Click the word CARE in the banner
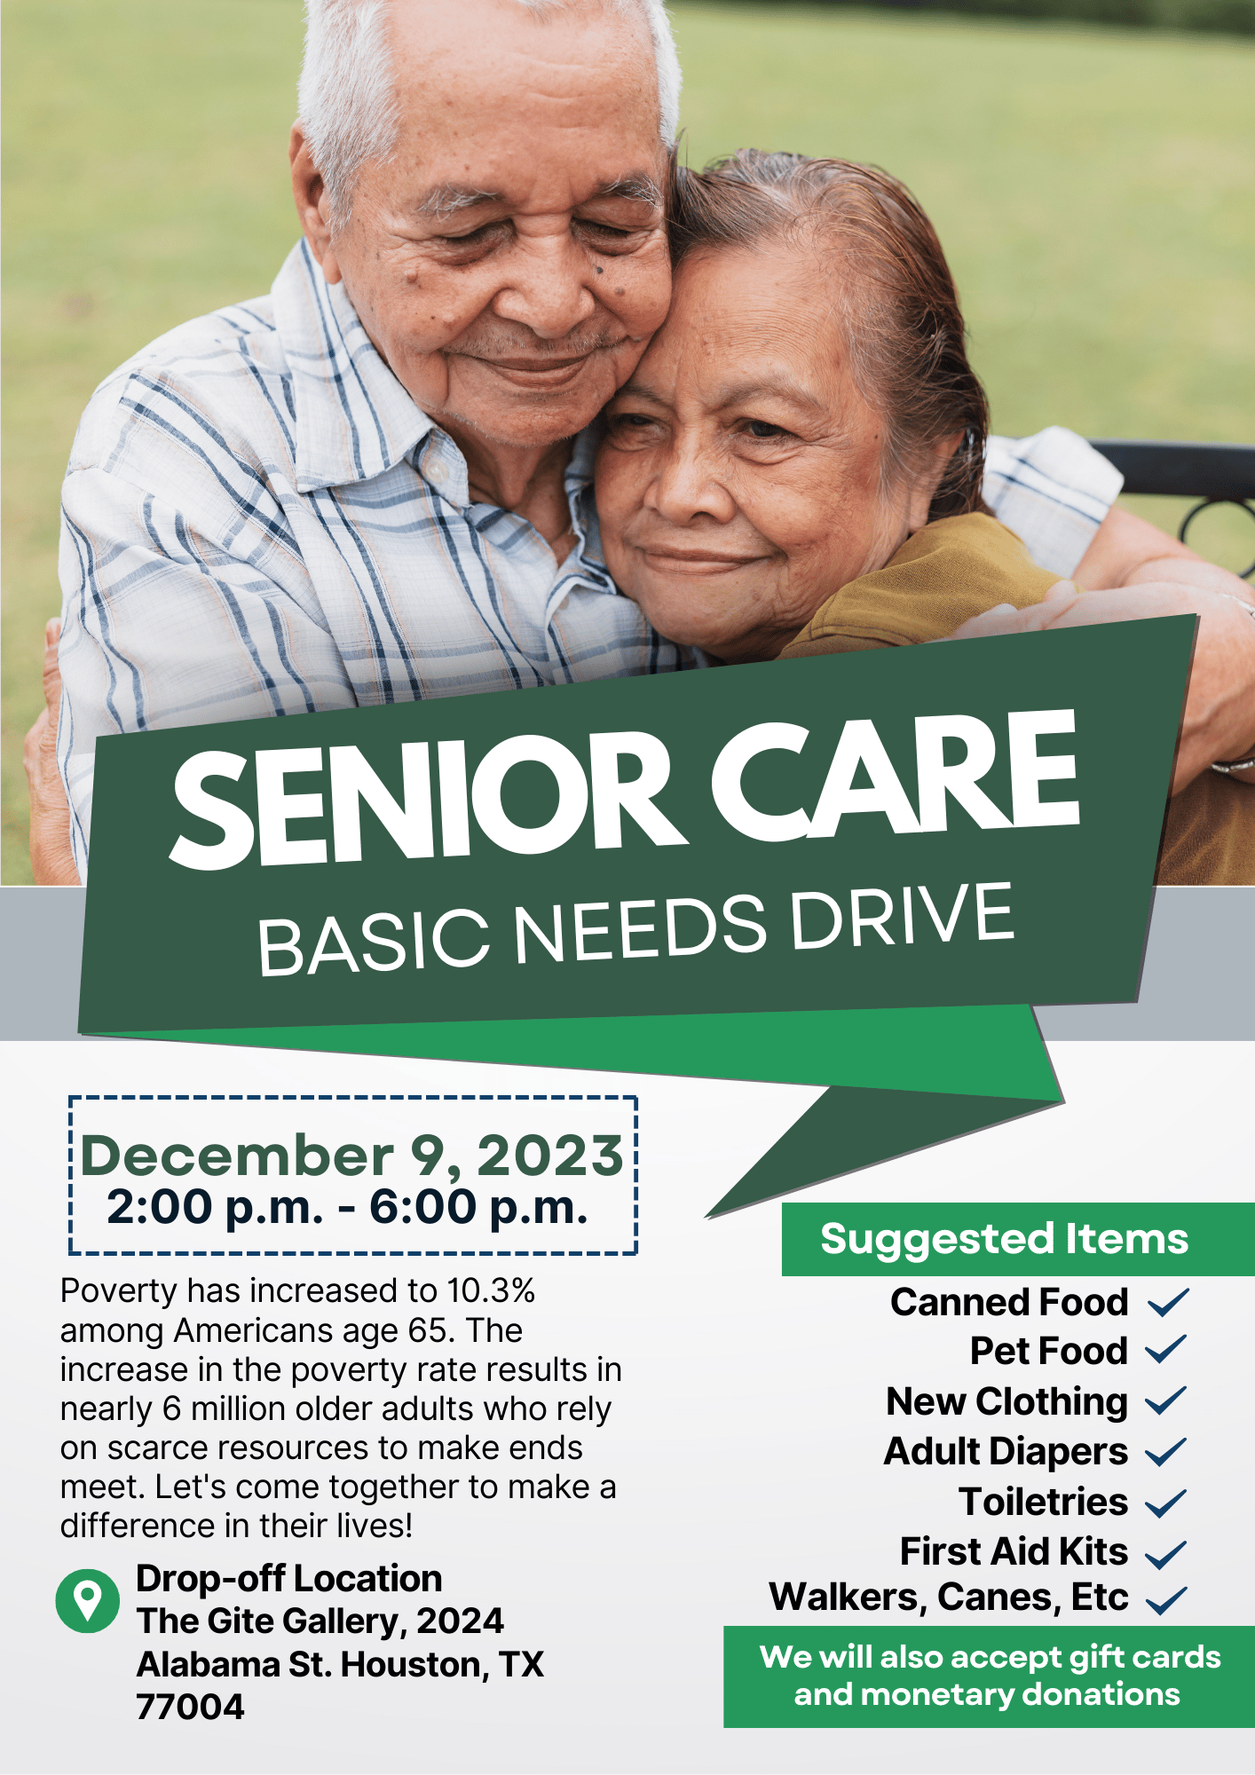pyautogui.click(x=895, y=774)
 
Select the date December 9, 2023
pyautogui.click(x=352, y=1156)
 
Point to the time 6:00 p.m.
pyautogui.click(x=478, y=1207)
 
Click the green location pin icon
pyautogui.click(x=87, y=1600)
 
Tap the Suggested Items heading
pyautogui.click(x=1004, y=1239)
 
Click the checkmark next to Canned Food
pyautogui.click(x=1168, y=1302)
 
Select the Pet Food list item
pyautogui.click(x=1048, y=1351)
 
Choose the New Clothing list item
pyautogui.click(x=1006, y=1401)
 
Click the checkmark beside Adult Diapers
pyautogui.click(x=1166, y=1452)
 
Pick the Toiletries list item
pyautogui.click(x=1043, y=1502)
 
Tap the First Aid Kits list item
pyautogui.click(x=1014, y=1551)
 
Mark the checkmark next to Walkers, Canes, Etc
pyautogui.click(x=1166, y=1599)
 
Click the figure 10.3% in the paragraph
pyautogui.click(x=491, y=1290)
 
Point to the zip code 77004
pyautogui.click(x=190, y=1707)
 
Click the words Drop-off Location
pyautogui.click(x=288, y=1579)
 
